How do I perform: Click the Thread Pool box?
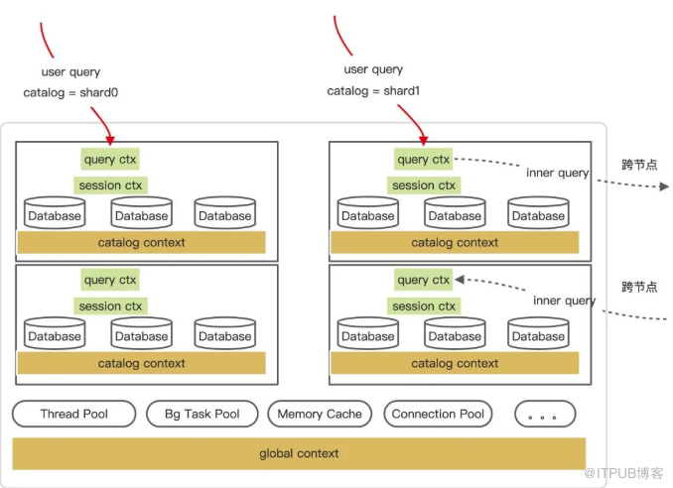[73, 414]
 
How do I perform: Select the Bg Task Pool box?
[202, 414]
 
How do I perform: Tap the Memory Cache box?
[319, 414]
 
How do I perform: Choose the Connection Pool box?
[438, 414]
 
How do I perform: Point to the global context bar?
[299, 453]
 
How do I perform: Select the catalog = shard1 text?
[373, 91]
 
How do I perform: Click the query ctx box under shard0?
[110, 158]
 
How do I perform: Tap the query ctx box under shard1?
[424, 159]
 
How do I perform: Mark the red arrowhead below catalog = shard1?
[424, 139]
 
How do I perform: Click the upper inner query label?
[557, 173]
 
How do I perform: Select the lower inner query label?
[564, 301]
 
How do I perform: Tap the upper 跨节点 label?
[639, 165]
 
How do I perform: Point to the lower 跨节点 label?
[639, 288]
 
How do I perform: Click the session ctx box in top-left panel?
[110, 185]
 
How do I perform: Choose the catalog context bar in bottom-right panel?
[455, 363]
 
